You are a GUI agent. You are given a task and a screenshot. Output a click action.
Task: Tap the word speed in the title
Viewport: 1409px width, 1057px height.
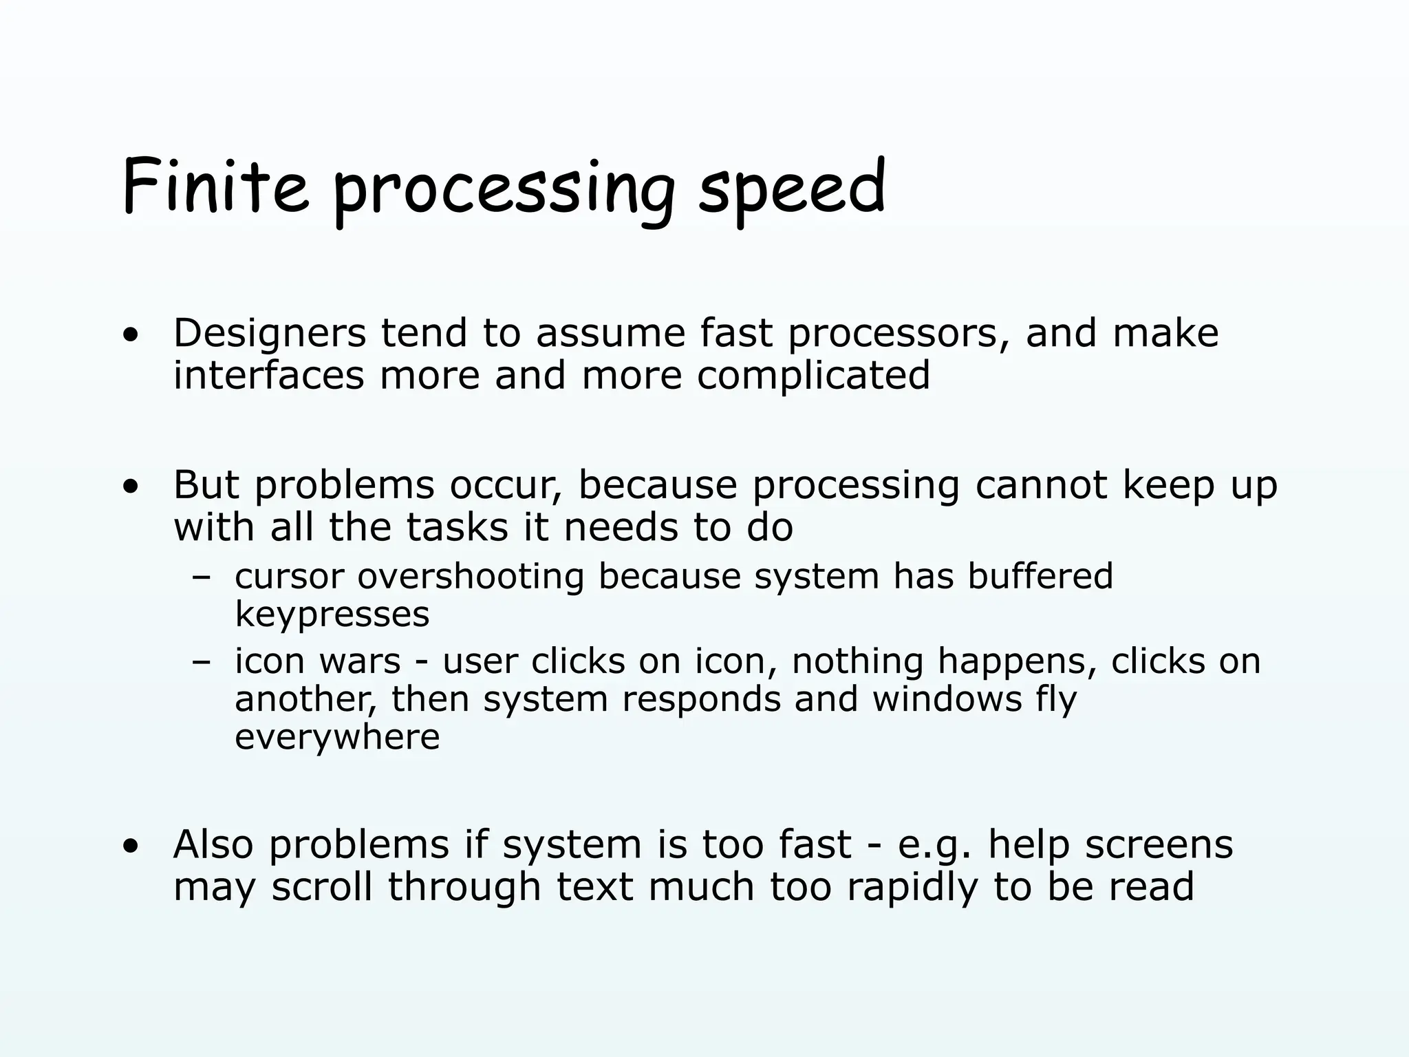792,187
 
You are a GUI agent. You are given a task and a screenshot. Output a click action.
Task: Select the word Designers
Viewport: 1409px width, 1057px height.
270,334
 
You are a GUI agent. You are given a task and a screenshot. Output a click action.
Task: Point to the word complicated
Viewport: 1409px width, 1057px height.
813,376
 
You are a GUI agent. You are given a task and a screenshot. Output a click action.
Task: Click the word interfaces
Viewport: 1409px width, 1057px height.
269,376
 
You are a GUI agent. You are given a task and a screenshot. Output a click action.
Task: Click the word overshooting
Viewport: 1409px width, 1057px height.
471,577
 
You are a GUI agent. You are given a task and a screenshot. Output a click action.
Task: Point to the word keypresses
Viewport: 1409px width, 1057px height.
332,614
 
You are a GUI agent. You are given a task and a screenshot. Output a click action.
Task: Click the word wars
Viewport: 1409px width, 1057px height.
360,662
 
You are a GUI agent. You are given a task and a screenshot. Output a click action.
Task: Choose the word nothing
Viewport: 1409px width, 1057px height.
857,662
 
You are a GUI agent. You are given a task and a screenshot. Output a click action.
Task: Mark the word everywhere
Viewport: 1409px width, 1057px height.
337,737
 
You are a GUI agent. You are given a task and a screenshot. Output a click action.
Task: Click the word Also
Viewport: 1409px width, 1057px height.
213,844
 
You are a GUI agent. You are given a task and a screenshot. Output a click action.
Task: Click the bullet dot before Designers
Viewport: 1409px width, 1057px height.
130,337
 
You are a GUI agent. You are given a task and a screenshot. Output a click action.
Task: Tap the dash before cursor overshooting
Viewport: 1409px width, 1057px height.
201,578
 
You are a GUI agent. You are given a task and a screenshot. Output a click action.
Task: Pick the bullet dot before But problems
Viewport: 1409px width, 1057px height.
130,488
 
